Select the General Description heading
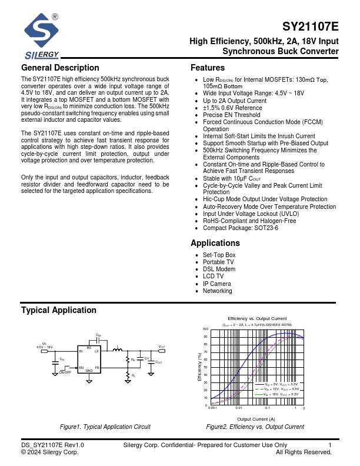pyautogui.click(x=60, y=68)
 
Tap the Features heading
pyautogui.click(x=208, y=68)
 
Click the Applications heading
pyautogui.click(x=215, y=243)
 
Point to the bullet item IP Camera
pyautogui.click(x=216, y=284)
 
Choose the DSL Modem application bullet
pyautogui.click(x=219, y=269)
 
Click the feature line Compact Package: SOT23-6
pyautogui.click(x=241, y=228)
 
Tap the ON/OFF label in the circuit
pyautogui.click(x=65, y=372)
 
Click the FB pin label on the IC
pyautogui.click(x=97, y=368)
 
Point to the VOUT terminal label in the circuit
pyautogui.click(x=162, y=347)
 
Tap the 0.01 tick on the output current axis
pyautogui.click(x=239, y=408)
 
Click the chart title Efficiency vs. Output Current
pyautogui.click(x=257, y=318)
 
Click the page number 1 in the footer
pyautogui.click(x=330, y=445)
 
